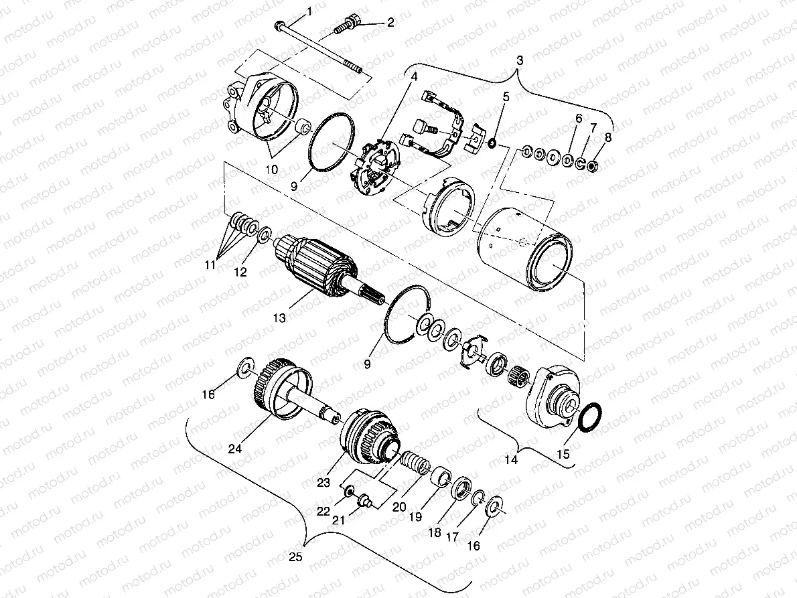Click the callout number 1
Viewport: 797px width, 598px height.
(x=309, y=11)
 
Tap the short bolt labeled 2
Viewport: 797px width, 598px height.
(x=348, y=26)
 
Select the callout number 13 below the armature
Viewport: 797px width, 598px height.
(x=280, y=318)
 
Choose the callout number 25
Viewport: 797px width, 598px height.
(x=295, y=556)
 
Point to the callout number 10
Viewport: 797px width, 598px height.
(x=273, y=170)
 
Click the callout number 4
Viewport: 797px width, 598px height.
(x=415, y=76)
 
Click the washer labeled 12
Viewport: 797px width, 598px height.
(x=264, y=235)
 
